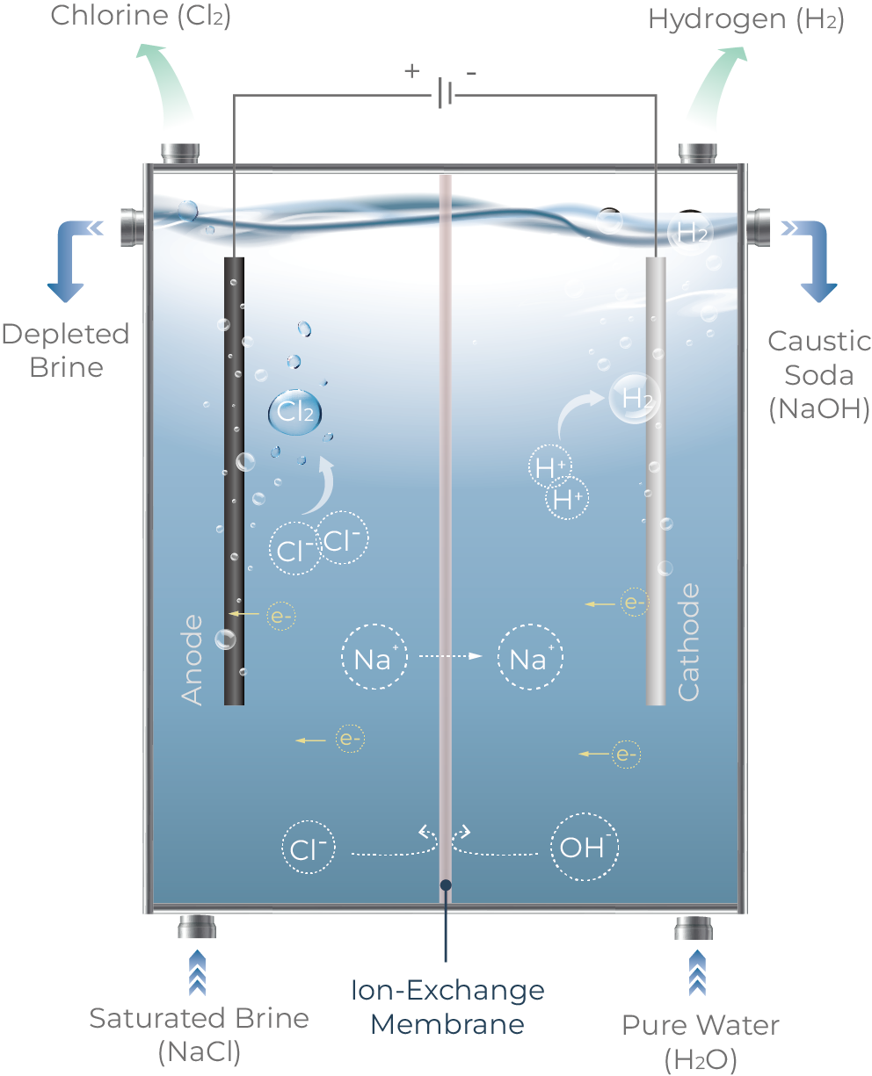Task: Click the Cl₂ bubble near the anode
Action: (x=294, y=412)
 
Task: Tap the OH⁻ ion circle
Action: (x=584, y=847)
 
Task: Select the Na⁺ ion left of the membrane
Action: (x=374, y=656)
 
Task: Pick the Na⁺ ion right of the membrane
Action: (x=530, y=656)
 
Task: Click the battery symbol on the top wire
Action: (x=445, y=93)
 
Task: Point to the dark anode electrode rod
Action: (x=234, y=480)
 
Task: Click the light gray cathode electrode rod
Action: (x=656, y=480)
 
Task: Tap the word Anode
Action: (x=192, y=660)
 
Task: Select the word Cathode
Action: (x=688, y=642)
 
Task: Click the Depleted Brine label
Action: (x=66, y=350)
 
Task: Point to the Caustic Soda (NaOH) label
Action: (x=819, y=374)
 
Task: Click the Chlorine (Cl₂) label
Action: (x=141, y=16)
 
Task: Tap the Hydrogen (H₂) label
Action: (x=746, y=19)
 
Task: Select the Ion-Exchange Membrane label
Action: (x=447, y=1007)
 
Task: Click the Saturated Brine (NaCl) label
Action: (x=199, y=1035)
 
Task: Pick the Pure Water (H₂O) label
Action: (x=701, y=1042)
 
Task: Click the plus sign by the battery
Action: (x=412, y=71)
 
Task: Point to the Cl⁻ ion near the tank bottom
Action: (x=309, y=847)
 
